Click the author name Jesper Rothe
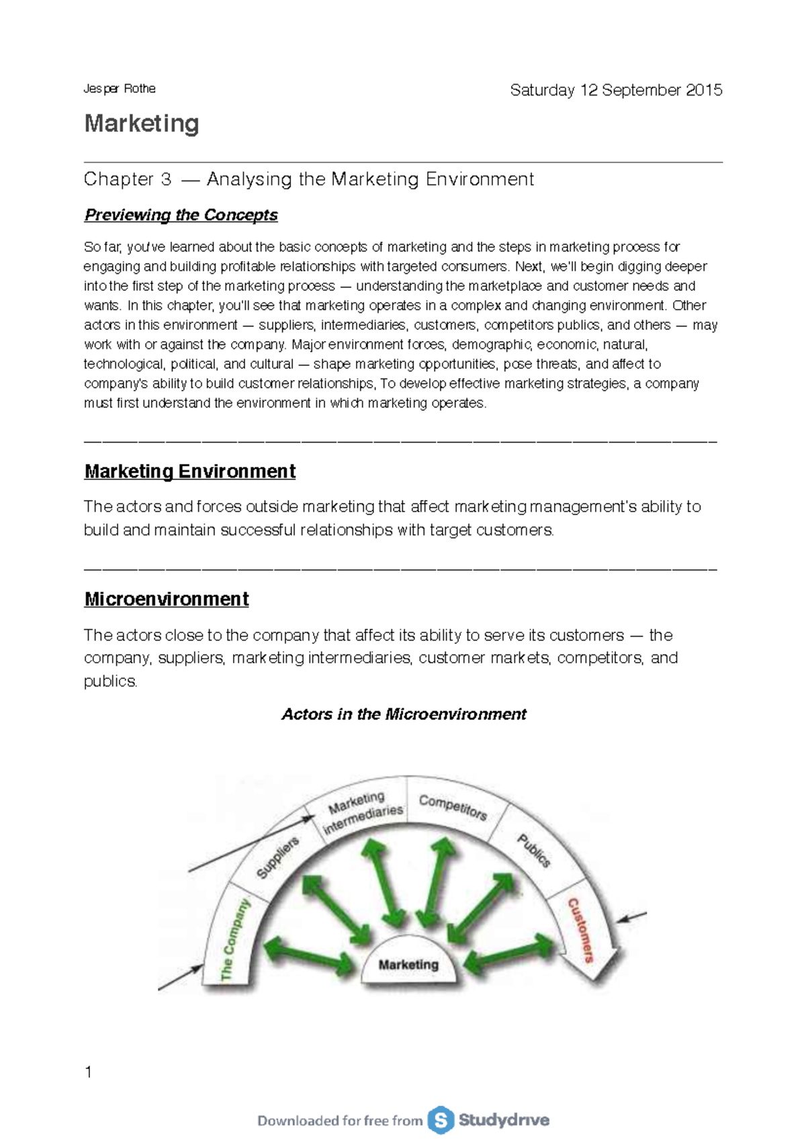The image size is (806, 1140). coord(120,89)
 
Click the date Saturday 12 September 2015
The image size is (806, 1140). coord(616,90)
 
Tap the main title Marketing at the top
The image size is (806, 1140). coord(142,124)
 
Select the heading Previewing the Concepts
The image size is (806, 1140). coord(181,215)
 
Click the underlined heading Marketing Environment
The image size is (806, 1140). coord(189,471)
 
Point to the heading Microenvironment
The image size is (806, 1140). coord(166,599)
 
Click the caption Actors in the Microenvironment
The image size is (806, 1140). coord(404,714)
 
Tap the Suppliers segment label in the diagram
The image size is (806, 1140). coord(277,858)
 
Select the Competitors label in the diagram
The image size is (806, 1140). coord(453,807)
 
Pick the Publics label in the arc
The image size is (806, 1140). coord(534,851)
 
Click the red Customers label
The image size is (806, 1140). coord(581,931)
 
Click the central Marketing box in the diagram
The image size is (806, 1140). coord(408,965)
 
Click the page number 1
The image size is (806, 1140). coord(88,1072)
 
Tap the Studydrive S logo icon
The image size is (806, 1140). coord(441,1120)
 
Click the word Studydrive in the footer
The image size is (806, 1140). coord(504,1120)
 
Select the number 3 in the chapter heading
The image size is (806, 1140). coord(165,179)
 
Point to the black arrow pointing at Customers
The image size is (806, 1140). coord(631,916)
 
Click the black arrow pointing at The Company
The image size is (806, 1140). coord(180,978)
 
